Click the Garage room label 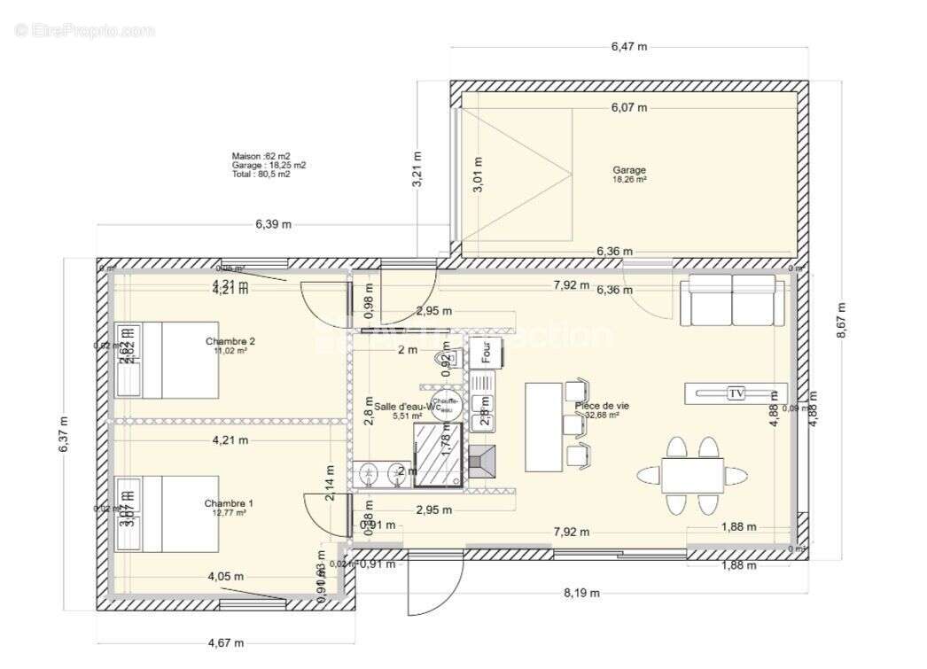tap(629, 170)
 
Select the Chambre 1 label tap(229, 503)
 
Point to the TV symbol tap(736, 393)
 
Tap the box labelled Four tap(485, 352)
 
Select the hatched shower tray tap(438, 454)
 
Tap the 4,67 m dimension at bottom tap(226, 642)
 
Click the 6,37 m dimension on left tap(63, 435)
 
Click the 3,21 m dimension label tap(417, 168)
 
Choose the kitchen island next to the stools tap(543, 426)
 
